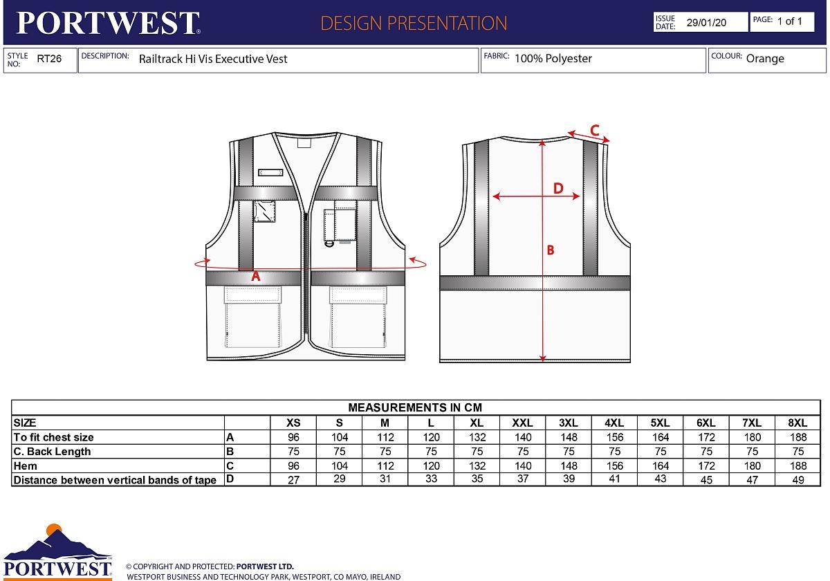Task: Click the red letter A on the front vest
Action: (x=255, y=276)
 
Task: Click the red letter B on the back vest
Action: (x=551, y=250)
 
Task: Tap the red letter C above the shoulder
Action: (x=594, y=129)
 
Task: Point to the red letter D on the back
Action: (x=558, y=188)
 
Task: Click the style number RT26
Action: (x=49, y=59)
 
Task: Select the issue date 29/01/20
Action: (x=706, y=22)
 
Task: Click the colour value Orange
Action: (x=765, y=59)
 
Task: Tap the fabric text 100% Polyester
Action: (x=553, y=59)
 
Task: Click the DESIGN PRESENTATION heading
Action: (x=414, y=23)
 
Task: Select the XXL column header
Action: (x=522, y=423)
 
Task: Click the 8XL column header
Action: (x=797, y=423)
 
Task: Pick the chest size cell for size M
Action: (x=385, y=437)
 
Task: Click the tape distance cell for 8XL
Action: (x=797, y=480)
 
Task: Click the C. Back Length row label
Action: (x=52, y=452)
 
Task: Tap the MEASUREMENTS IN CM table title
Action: (x=415, y=407)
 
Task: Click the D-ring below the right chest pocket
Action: (x=329, y=242)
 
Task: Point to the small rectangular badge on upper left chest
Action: (x=270, y=172)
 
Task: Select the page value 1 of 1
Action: (x=790, y=21)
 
